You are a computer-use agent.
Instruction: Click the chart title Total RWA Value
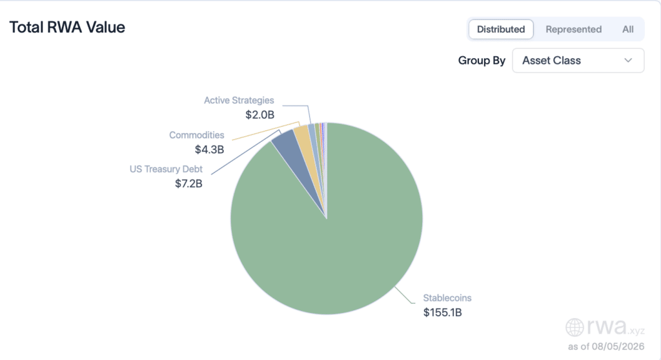coord(67,27)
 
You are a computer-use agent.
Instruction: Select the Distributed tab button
coord(501,30)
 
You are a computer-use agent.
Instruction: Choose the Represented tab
coord(573,30)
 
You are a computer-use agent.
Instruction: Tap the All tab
coord(627,30)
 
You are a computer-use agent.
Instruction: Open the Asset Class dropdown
coord(578,60)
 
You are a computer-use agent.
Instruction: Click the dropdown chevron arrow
coord(628,60)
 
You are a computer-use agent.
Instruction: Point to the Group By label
coord(482,61)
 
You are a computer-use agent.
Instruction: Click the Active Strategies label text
coord(239,101)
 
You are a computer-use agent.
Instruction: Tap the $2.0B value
coord(259,115)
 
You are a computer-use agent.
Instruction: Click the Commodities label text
coord(196,135)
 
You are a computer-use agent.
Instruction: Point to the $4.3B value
coord(209,150)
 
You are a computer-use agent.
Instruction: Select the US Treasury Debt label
coord(166,169)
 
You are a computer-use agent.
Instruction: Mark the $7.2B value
coord(188,184)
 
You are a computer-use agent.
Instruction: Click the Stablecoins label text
coord(447,298)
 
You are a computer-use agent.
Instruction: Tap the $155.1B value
coord(443,312)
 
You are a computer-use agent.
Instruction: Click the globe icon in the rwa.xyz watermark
coord(575,327)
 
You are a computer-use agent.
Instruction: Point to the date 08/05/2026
coord(618,346)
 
